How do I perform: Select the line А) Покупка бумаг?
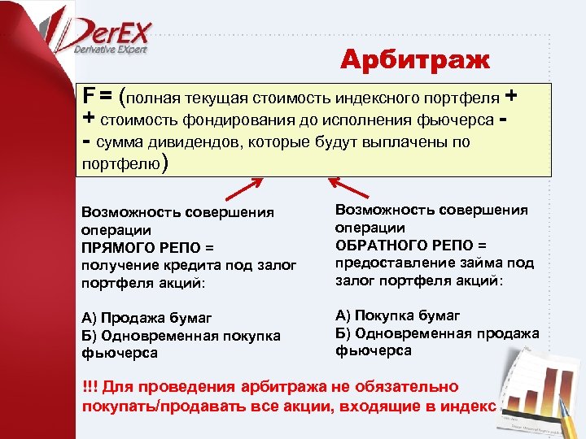397,315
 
